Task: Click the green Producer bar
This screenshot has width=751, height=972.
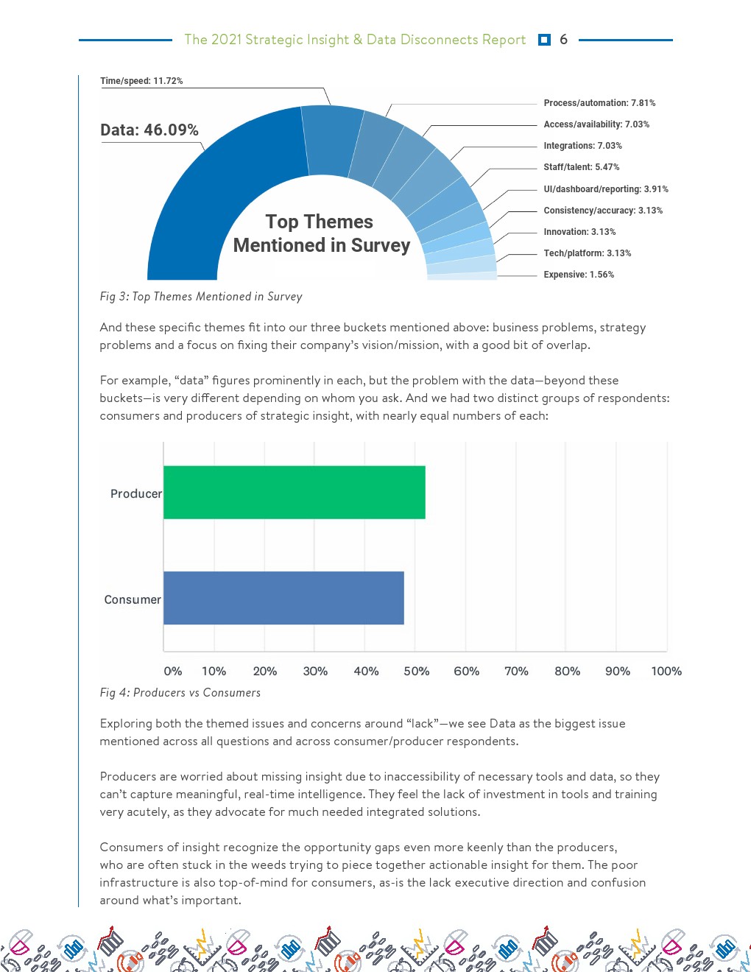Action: tap(294, 492)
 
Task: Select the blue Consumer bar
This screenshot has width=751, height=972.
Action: tap(283, 598)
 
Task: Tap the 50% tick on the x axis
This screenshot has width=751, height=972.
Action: tap(416, 671)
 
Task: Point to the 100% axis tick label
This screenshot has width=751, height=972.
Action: tap(666, 671)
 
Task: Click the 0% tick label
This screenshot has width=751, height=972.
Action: tap(173, 671)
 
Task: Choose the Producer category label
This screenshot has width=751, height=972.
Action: tap(135, 493)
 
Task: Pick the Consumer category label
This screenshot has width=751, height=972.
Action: tap(133, 599)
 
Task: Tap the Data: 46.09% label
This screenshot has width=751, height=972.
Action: tap(149, 130)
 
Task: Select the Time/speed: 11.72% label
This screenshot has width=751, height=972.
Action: tap(141, 81)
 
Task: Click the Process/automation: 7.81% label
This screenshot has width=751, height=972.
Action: tap(599, 103)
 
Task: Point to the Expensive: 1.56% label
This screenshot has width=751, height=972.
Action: tap(579, 275)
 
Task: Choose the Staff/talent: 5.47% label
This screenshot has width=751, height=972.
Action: tap(582, 167)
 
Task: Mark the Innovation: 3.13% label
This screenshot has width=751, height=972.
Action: tap(579, 232)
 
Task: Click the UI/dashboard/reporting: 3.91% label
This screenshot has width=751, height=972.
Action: tap(606, 189)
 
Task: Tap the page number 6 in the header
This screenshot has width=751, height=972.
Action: tap(563, 40)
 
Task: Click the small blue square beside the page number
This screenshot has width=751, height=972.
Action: tap(544, 40)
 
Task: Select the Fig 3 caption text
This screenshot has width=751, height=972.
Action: tap(201, 297)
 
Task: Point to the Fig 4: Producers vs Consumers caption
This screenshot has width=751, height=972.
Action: tap(180, 693)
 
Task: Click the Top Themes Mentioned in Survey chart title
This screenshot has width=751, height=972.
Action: tap(321, 233)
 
